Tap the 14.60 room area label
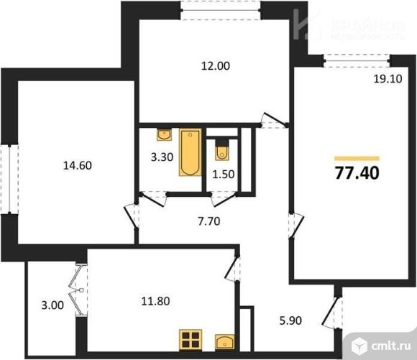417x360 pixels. click(76, 165)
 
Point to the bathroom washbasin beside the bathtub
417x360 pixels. click(164, 133)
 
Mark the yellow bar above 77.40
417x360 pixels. click(357, 157)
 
